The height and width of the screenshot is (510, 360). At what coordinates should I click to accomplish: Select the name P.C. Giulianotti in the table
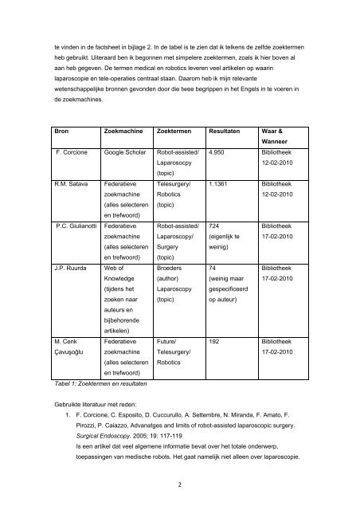78,225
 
